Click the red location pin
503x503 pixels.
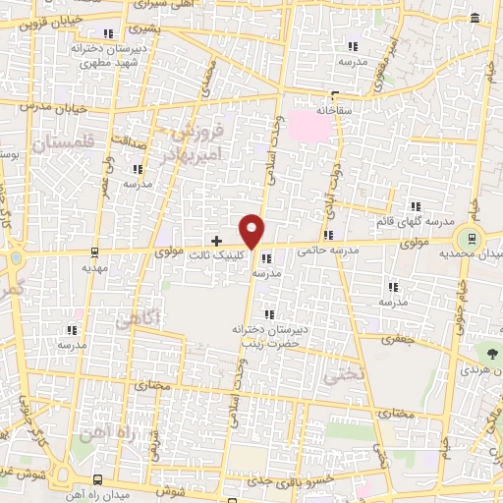point(253,230)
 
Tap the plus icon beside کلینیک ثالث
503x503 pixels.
point(217,240)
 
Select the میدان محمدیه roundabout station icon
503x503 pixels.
point(473,239)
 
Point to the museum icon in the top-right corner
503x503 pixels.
point(475,19)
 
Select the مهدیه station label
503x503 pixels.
point(93,266)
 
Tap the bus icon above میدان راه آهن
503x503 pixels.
point(96,479)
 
